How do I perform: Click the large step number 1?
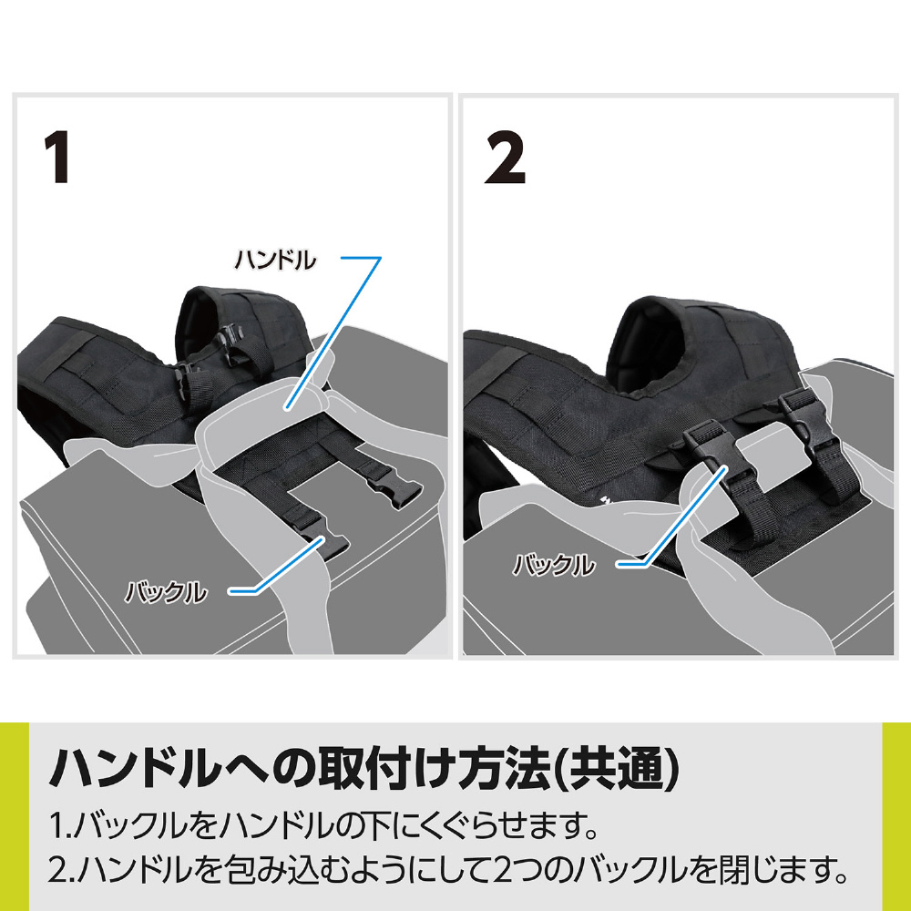click(57, 157)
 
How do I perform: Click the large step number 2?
click(505, 157)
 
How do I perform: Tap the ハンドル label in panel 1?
click(275, 260)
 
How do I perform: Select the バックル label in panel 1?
click(166, 592)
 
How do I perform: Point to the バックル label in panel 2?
click(554, 565)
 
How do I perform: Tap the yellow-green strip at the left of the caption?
click(14, 816)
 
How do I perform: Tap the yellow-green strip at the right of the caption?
click(896, 816)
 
